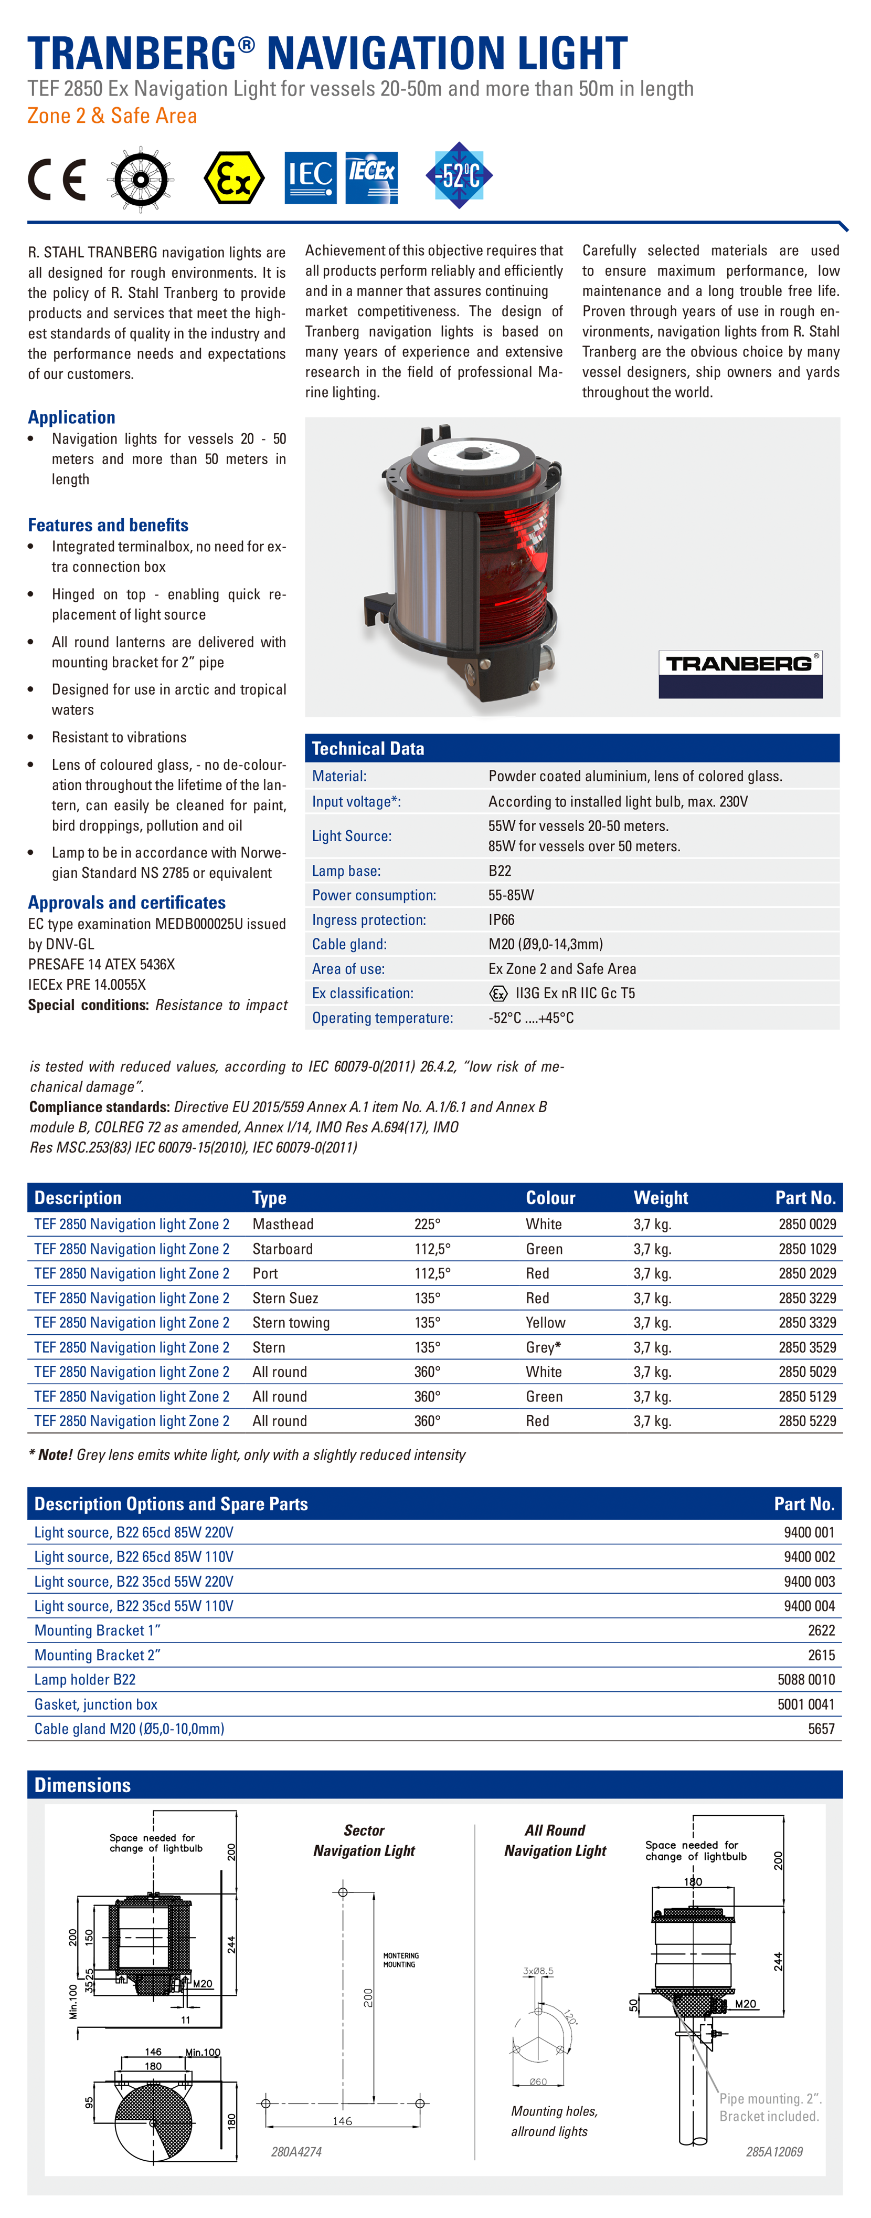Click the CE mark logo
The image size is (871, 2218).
coord(57,178)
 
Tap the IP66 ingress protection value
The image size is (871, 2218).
coord(501,919)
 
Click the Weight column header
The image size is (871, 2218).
coord(660,1198)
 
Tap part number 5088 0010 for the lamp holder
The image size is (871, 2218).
coord(805,1679)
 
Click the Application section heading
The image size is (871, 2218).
coord(71,417)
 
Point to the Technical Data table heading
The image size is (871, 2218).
coord(368,748)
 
